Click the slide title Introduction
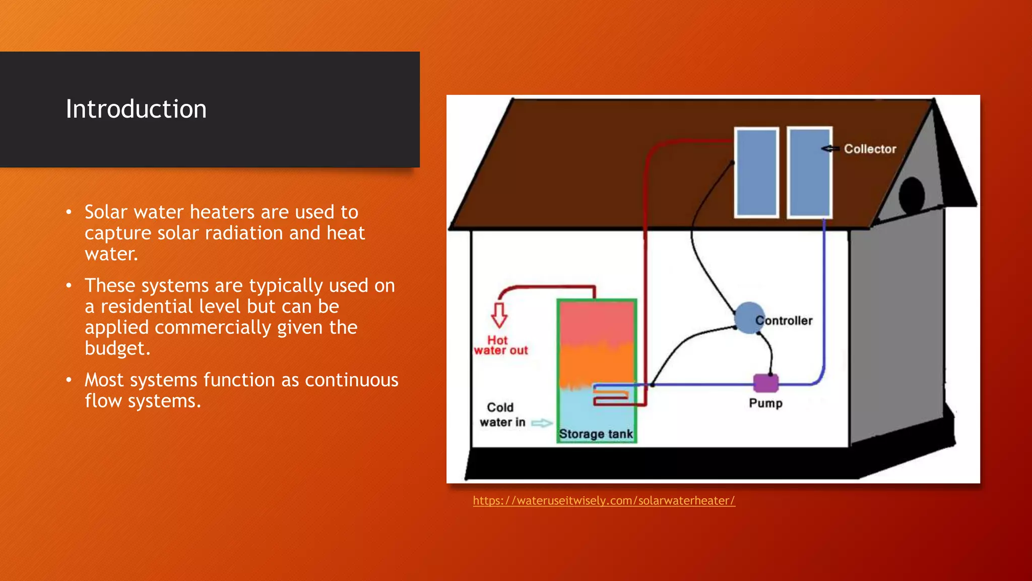click(136, 109)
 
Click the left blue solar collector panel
click(756, 172)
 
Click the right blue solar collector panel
click(809, 172)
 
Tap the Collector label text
click(870, 149)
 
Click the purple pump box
click(765, 383)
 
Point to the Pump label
click(765, 403)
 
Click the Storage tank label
click(596, 434)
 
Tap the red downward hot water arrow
click(499, 315)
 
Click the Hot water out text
click(500, 345)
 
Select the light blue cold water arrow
click(542, 423)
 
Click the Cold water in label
click(501, 415)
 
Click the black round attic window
click(911, 196)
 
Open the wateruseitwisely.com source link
click(604, 501)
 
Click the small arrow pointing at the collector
click(829, 148)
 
